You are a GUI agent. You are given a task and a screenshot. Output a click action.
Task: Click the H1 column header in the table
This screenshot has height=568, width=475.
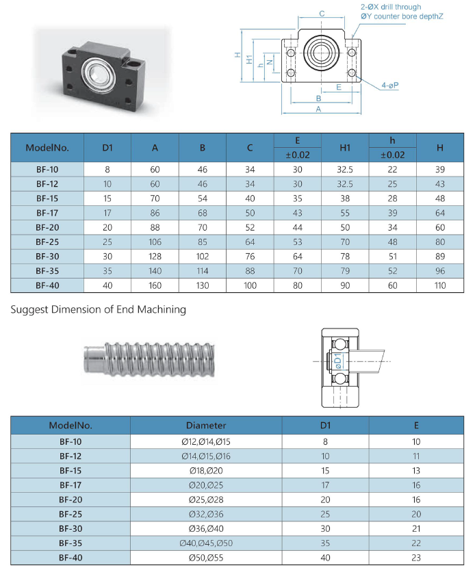click(345, 147)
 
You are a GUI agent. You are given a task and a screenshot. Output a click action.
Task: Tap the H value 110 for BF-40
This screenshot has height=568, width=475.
click(440, 285)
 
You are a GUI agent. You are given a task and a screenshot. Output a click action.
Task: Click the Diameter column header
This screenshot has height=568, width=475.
click(206, 425)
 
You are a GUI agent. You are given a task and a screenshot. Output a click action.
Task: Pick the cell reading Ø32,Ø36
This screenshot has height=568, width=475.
click(206, 514)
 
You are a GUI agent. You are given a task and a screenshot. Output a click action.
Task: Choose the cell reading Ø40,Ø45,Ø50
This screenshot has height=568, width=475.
click(206, 543)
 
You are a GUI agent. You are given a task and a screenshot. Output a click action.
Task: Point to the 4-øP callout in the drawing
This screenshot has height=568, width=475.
click(391, 86)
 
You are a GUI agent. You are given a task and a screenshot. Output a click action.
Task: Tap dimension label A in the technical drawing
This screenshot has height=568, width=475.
click(319, 109)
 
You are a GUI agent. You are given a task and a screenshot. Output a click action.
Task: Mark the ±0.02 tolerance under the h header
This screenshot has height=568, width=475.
click(392, 155)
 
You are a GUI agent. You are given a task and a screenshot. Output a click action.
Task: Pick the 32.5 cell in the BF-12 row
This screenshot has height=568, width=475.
click(345, 184)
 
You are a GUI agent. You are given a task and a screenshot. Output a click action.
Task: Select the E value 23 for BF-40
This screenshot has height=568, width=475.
click(416, 558)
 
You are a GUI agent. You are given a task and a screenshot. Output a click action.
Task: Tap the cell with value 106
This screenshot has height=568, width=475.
click(155, 242)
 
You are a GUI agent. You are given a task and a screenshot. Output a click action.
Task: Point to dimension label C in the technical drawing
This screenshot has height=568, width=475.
click(322, 14)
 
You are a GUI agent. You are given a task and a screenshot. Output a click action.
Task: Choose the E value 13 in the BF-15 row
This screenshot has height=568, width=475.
click(416, 470)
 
